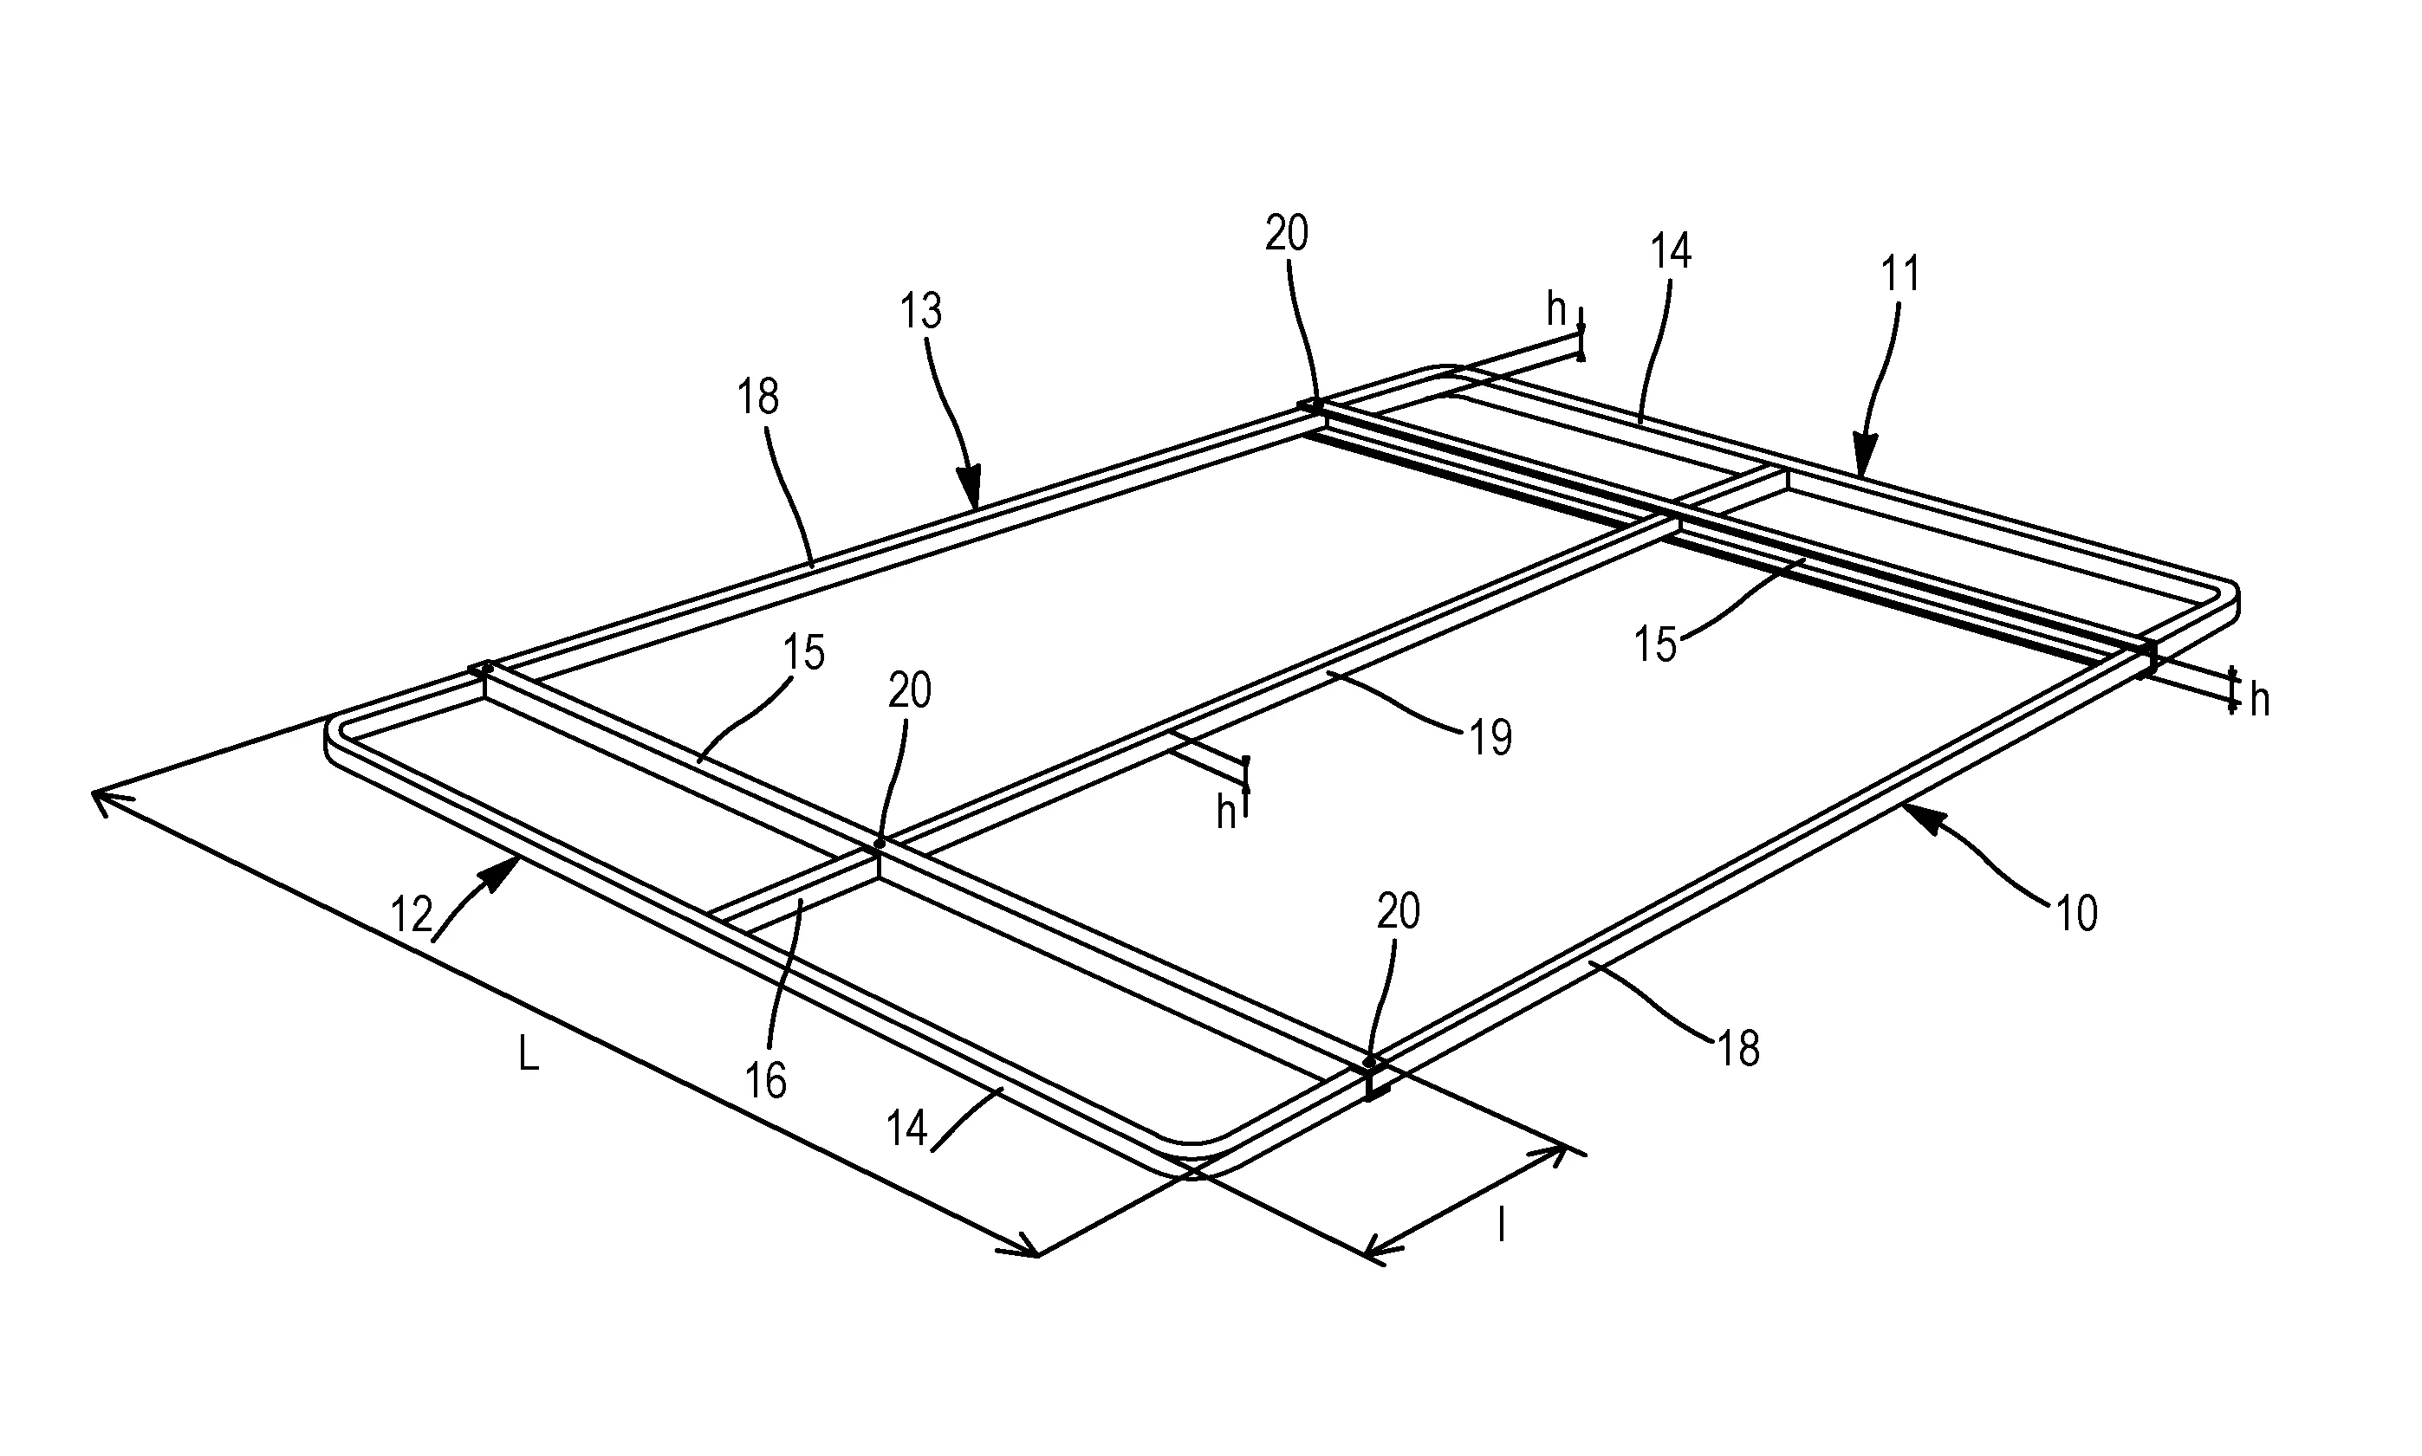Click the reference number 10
[2075, 914]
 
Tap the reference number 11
[1899, 274]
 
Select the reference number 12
[412, 916]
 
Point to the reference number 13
[920, 311]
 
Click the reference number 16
[765, 1081]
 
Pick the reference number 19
[1490, 738]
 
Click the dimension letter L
[528, 1055]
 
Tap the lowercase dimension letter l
[1501, 1226]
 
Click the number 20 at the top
[1287, 234]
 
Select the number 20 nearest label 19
[910, 690]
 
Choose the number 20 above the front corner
[1399, 912]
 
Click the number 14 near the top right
[1671, 252]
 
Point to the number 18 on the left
[758, 397]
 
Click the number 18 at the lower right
[1739, 1049]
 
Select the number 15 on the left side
[805, 652]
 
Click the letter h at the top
[1556, 310]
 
